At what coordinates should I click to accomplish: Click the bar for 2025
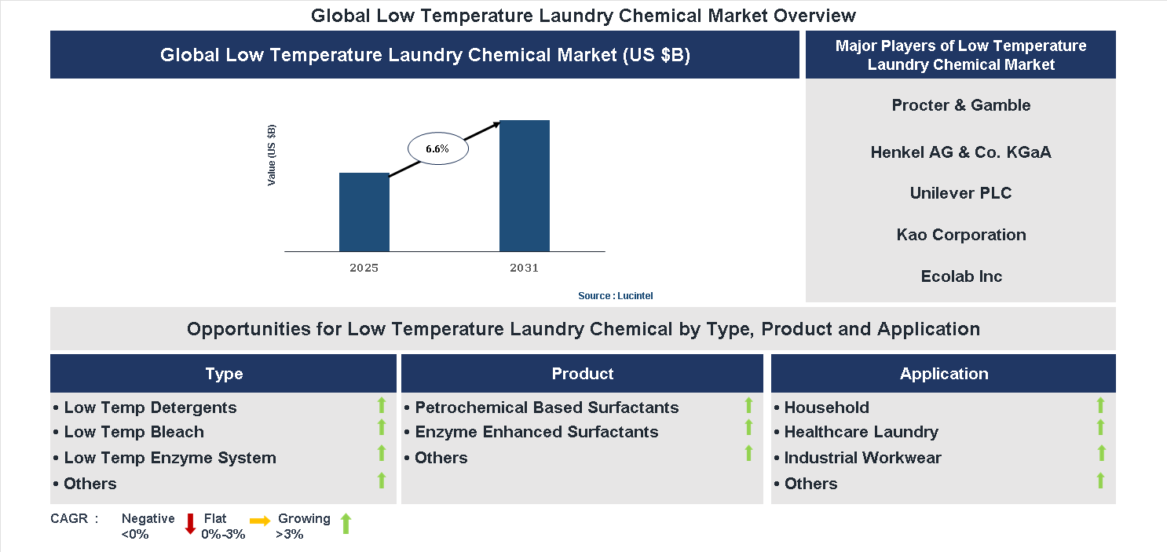[x=364, y=212]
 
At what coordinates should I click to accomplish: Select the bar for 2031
[x=524, y=186]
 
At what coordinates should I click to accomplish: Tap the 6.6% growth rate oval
[x=437, y=148]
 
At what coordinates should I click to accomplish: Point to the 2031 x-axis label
[x=524, y=268]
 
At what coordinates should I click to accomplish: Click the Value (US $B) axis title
[x=272, y=155]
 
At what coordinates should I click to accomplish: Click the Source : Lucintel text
[x=615, y=296]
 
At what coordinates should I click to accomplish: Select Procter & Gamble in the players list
[x=960, y=105]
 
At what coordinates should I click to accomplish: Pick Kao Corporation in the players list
[x=960, y=235]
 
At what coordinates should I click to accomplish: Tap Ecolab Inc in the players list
[x=960, y=276]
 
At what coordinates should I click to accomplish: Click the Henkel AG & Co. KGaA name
[x=960, y=152]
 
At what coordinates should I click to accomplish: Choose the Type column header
[x=224, y=374]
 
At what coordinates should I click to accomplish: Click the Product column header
[x=582, y=374]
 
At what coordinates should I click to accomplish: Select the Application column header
[x=943, y=374]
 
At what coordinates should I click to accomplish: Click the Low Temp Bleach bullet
[x=134, y=432]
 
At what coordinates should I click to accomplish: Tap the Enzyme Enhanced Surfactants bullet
[x=536, y=432]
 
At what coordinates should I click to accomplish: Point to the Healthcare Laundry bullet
[x=861, y=432]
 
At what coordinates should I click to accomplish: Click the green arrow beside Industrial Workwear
[x=1101, y=453]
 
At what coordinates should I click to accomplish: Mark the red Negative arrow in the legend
[x=189, y=524]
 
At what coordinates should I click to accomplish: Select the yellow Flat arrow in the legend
[x=260, y=521]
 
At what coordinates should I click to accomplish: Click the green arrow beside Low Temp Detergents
[x=382, y=405]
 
